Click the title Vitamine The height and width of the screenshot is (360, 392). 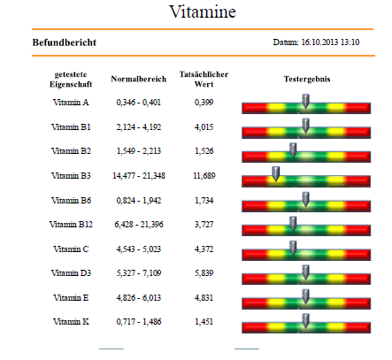(x=203, y=11)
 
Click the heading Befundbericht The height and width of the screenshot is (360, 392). (x=65, y=42)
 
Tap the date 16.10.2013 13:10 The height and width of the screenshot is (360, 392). (x=330, y=42)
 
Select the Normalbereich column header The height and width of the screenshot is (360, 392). (x=139, y=79)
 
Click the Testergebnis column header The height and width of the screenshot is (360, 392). (x=307, y=79)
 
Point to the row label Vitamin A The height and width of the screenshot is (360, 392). (x=71, y=103)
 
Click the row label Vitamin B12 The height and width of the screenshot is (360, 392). (x=71, y=225)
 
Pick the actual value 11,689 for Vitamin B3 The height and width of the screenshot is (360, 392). (x=204, y=176)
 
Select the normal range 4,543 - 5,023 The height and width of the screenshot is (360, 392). (x=139, y=249)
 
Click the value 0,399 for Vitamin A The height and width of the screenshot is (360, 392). (x=204, y=103)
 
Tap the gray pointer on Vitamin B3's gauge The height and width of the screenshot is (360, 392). (x=276, y=173)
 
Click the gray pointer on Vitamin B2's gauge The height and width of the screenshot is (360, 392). (x=293, y=150)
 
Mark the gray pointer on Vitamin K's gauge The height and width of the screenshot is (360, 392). (x=306, y=321)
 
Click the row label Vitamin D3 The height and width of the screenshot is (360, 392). (x=71, y=273)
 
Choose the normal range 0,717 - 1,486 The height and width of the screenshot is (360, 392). (x=139, y=322)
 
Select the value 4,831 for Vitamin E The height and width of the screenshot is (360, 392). (x=204, y=298)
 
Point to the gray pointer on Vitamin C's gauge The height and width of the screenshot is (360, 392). (x=293, y=248)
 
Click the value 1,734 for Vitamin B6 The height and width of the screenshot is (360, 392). (x=204, y=201)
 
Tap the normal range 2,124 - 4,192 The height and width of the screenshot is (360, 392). (x=139, y=127)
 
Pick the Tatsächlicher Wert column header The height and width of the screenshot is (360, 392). (x=204, y=79)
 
